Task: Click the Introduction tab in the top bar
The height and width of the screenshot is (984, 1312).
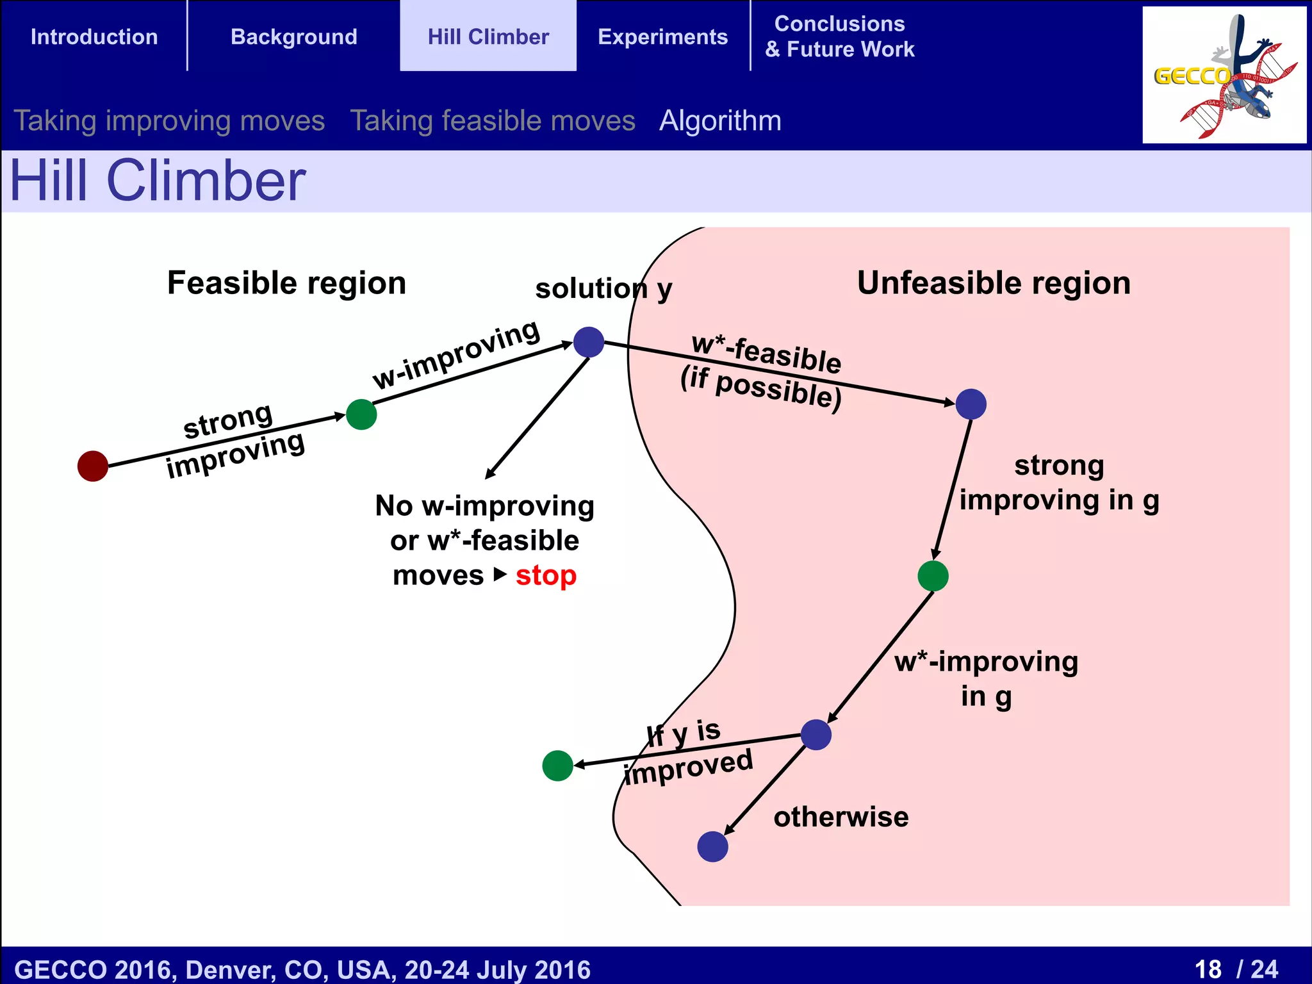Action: tap(94, 37)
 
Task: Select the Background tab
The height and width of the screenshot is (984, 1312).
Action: tap(293, 37)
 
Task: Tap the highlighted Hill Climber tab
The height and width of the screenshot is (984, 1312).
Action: tap(488, 37)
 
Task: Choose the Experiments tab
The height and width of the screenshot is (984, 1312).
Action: tap(662, 37)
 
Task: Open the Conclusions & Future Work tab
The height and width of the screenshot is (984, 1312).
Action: tap(839, 37)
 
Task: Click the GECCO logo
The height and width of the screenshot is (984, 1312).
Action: tap(1224, 75)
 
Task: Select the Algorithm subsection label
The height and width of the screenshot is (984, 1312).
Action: tap(720, 121)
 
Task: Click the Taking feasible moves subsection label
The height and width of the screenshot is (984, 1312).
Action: tap(493, 121)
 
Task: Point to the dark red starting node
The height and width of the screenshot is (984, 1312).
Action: tap(93, 466)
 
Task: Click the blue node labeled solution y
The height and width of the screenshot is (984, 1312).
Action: tap(589, 341)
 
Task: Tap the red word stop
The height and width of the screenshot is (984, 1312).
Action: tap(546, 575)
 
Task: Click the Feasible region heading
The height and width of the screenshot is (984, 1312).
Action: tap(286, 283)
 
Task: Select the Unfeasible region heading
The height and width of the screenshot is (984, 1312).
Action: tap(994, 283)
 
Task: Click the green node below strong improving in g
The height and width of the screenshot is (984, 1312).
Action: tap(933, 575)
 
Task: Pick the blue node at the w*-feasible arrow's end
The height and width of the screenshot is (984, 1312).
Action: tap(971, 404)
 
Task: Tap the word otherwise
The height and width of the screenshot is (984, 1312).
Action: tap(840, 817)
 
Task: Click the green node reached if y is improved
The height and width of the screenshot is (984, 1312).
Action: tap(557, 766)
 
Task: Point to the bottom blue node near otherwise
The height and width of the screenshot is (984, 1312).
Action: tap(712, 846)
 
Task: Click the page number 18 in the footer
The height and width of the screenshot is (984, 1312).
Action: tap(1208, 969)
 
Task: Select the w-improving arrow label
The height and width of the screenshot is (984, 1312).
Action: tap(456, 354)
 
